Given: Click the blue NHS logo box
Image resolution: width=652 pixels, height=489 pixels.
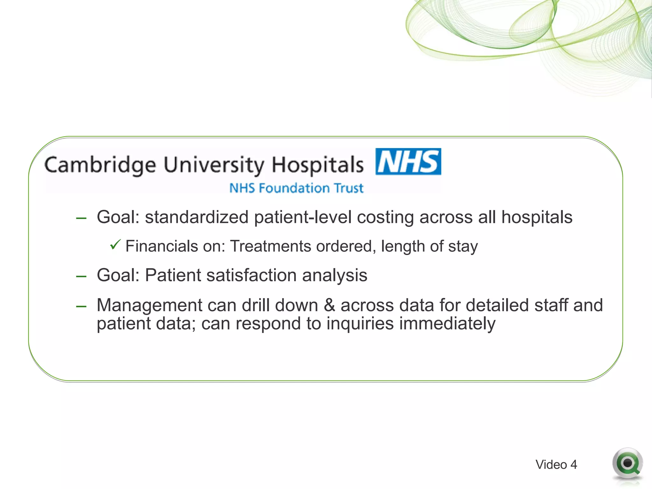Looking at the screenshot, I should click(408, 161).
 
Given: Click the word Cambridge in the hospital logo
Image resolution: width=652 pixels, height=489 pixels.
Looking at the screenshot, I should click(100, 165).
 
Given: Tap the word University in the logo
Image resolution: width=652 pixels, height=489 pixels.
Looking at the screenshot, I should click(214, 165).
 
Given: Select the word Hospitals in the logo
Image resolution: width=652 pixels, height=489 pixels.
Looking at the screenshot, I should click(317, 165).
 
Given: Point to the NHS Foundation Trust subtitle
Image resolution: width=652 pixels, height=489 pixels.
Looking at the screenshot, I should click(296, 188).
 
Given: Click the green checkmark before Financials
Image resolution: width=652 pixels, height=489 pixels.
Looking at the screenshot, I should click(115, 245).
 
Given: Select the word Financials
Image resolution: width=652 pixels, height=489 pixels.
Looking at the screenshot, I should click(162, 246).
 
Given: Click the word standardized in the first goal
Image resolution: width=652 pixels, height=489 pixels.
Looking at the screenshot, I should click(197, 217).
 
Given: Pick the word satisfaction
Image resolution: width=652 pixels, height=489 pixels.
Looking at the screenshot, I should click(251, 275).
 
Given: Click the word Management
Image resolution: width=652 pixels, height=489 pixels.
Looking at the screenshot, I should click(150, 305).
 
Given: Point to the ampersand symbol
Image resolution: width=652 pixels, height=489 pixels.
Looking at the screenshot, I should click(329, 305).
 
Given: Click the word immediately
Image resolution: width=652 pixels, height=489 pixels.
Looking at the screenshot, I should click(447, 323).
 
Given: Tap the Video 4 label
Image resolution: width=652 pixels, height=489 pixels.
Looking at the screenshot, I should click(556, 464).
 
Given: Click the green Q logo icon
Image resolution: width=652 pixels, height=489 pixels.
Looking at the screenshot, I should click(627, 464).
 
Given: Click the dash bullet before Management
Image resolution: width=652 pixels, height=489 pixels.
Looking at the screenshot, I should click(81, 306).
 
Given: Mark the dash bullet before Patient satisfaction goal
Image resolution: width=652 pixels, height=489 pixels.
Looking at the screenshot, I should click(81, 276).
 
